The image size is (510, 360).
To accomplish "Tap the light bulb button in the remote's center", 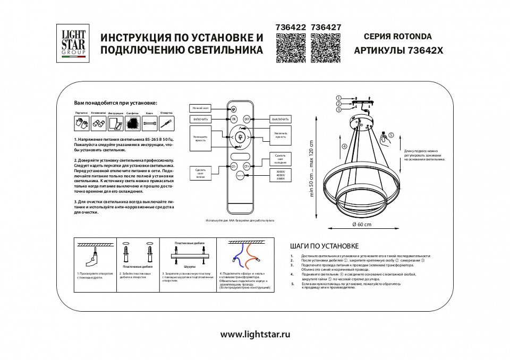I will coord(240,137).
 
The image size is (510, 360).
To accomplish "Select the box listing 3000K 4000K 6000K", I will coord(280,175).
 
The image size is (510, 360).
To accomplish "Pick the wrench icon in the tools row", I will coord(150,124).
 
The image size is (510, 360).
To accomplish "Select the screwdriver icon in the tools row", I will coord(167,124).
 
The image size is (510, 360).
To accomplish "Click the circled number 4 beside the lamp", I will coord(344,146).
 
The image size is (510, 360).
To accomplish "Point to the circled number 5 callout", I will coord(392,135).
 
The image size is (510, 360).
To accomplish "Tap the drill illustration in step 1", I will coord(91,259).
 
